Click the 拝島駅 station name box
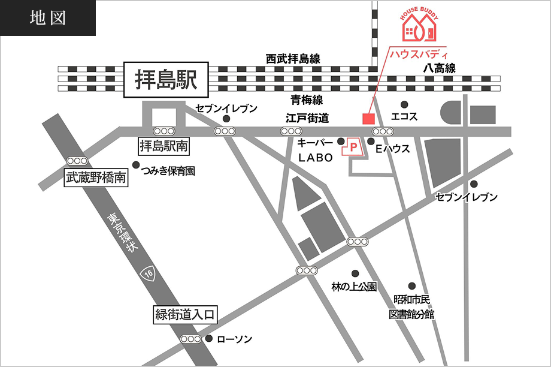[166, 80]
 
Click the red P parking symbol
[353, 146]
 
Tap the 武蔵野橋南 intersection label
[96, 177]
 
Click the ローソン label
[234, 339]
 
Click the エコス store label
[404, 116]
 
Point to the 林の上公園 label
[354, 287]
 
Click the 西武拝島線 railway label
[293, 59]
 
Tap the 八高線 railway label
[439, 68]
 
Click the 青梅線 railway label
[307, 100]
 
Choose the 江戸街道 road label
[307, 118]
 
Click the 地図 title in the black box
[47, 18]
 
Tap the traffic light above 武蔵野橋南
[77, 161]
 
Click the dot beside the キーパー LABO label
[341, 142]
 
